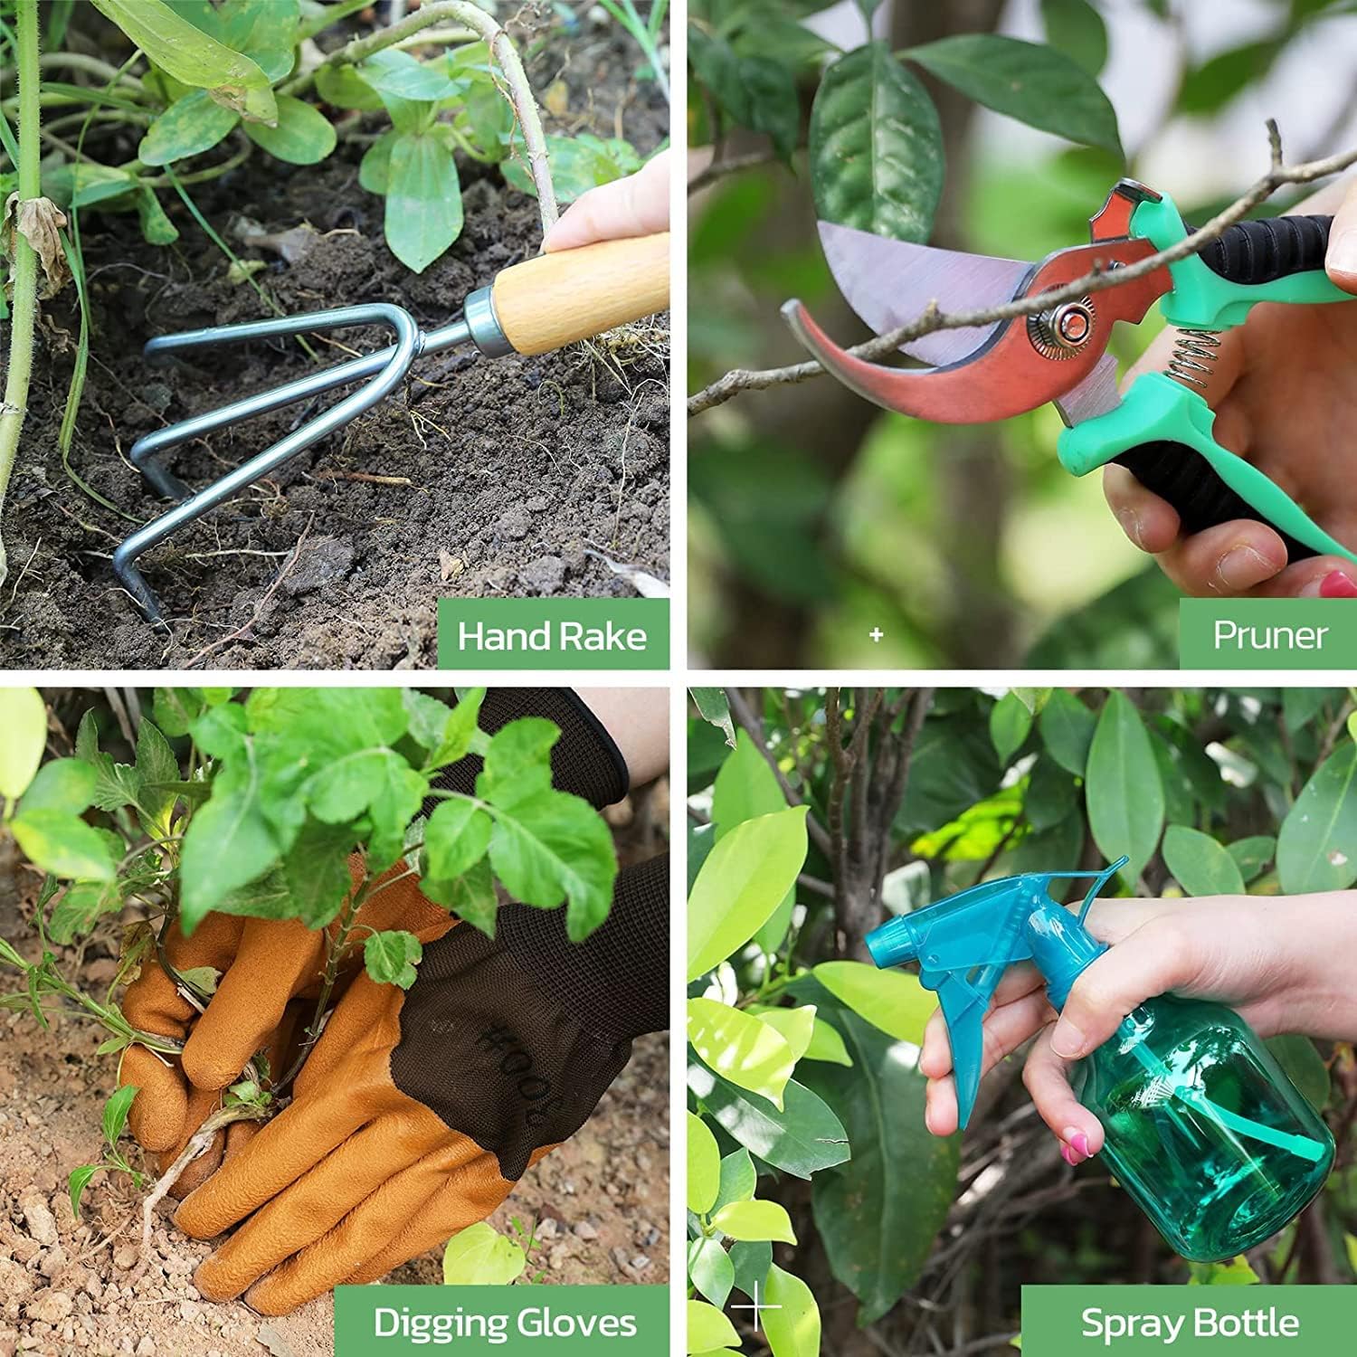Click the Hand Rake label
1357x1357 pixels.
tap(552, 636)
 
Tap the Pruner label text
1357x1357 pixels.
tap(1269, 635)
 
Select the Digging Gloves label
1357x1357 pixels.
tap(505, 1324)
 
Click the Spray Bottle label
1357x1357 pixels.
tap(1190, 1324)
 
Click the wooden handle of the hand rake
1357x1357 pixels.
tap(579, 294)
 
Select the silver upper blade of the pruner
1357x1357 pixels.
tap(914, 271)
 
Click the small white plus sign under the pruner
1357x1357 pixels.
tap(876, 635)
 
